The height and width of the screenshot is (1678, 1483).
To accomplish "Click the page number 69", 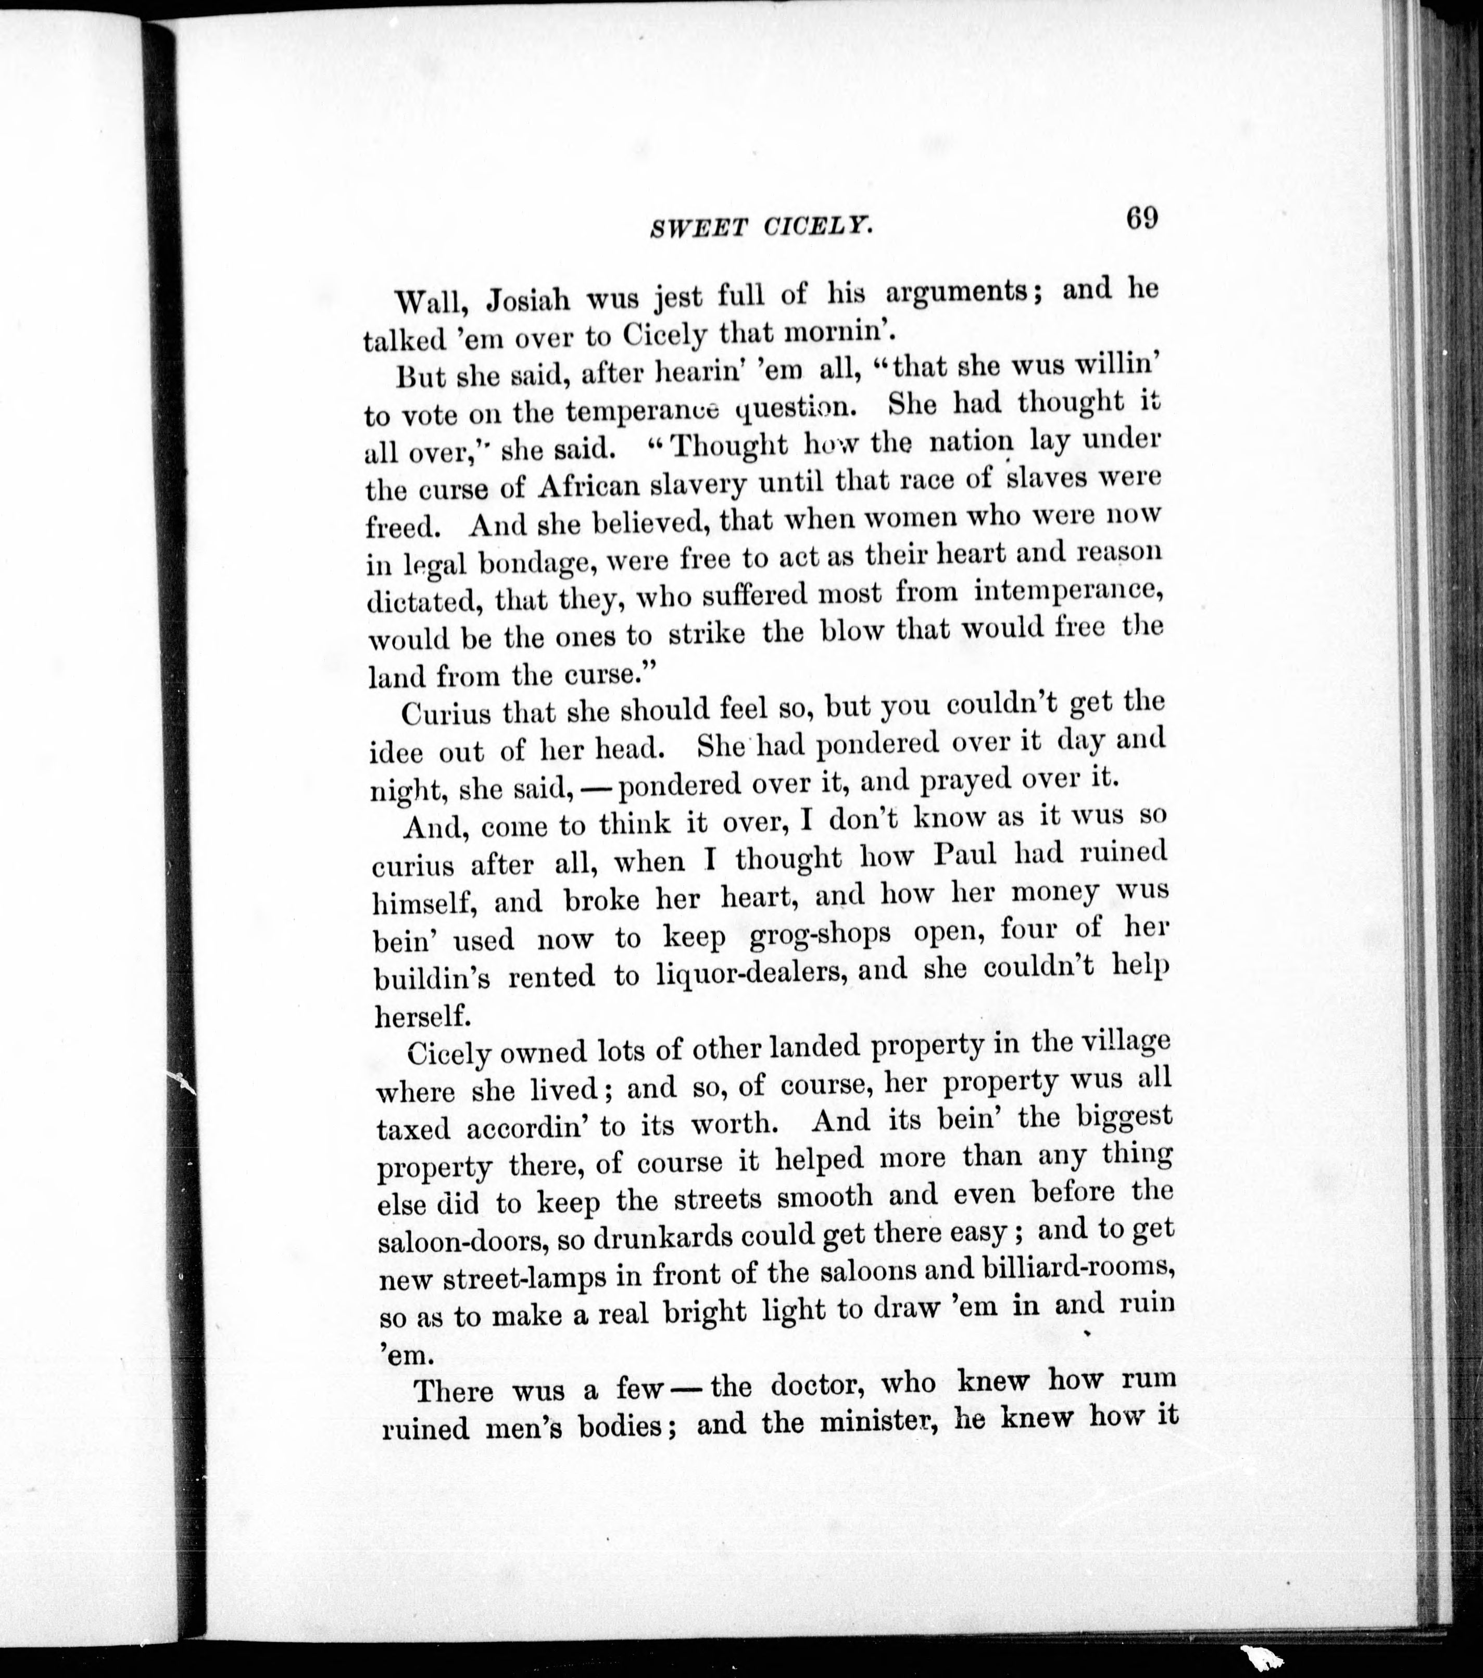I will pos(1141,219).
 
